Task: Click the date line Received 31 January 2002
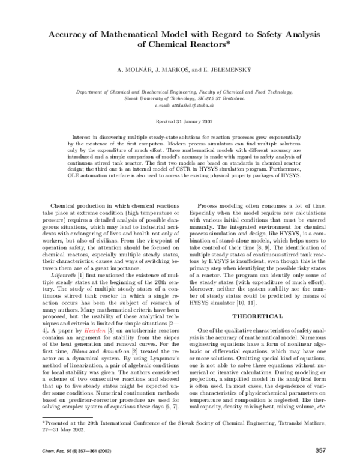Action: tap(180, 121)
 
